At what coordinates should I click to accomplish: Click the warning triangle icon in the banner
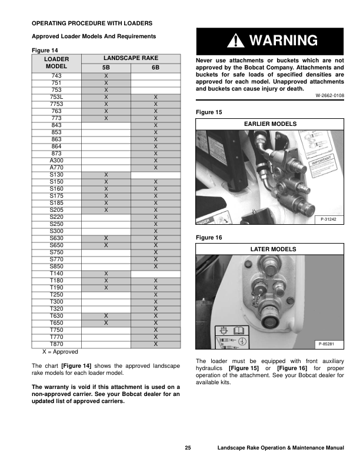pyautogui.click(x=236, y=41)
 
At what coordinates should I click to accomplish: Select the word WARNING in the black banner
pyautogui.click(x=283, y=41)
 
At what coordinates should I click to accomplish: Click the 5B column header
pyautogui.click(x=106, y=68)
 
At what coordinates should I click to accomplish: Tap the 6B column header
pyautogui.click(x=155, y=68)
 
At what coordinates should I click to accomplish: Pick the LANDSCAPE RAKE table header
pyautogui.click(x=131, y=59)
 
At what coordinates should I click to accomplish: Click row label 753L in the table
pyautogui.click(x=56, y=97)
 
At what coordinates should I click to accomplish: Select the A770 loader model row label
pyautogui.click(x=56, y=168)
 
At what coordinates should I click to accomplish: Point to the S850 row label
pyautogui.click(x=56, y=267)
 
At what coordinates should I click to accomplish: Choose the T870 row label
pyautogui.click(x=56, y=344)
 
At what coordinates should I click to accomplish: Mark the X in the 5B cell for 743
pyautogui.click(x=106, y=76)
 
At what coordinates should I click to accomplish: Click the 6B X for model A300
pyautogui.click(x=155, y=161)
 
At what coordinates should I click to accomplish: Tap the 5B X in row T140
pyautogui.click(x=106, y=274)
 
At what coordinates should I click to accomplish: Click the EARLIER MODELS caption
pyautogui.click(x=270, y=124)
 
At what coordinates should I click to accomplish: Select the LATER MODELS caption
pyautogui.click(x=270, y=249)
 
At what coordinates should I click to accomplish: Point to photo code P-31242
pyautogui.click(x=331, y=219)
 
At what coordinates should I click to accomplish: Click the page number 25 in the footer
pyautogui.click(x=188, y=449)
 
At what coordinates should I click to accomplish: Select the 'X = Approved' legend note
pyautogui.click(x=60, y=351)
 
